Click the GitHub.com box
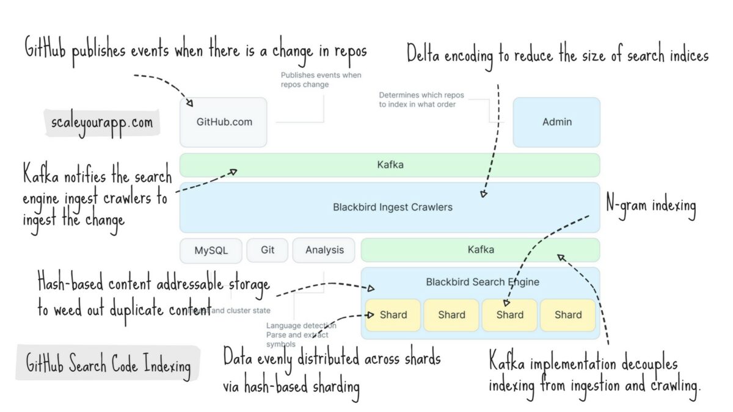pyautogui.click(x=224, y=122)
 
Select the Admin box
pyautogui.click(x=556, y=122)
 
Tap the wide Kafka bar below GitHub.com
pyautogui.click(x=390, y=165)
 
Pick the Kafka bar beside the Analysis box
pyautogui.click(x=480, y=250)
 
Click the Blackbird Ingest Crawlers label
pyautogui.click(x=392, y=207)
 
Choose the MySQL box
pyautogui.click(x=211, y=250)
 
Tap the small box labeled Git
pyautogui.click(x=268, y=250)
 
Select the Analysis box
pyautogui.click(x=324, y=250)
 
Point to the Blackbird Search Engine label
pyautogui.click(x=482, y=282)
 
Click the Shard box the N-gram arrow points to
pyautogui.click(x=509, y=315)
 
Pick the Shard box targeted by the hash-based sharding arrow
pyautogui.click(x=393, y=315)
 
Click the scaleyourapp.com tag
pyautogui.click(x=102, y=122)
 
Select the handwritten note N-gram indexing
pyautogui.click(x=651, y=206)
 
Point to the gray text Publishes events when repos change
pyautogui.click(x=321, y=80)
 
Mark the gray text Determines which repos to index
pyautogui.click(x=417, y=99)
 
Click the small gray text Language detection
pyautogui.click(x=301, y=325)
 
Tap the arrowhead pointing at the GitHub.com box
pyautogui.click(x=190, y=103)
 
